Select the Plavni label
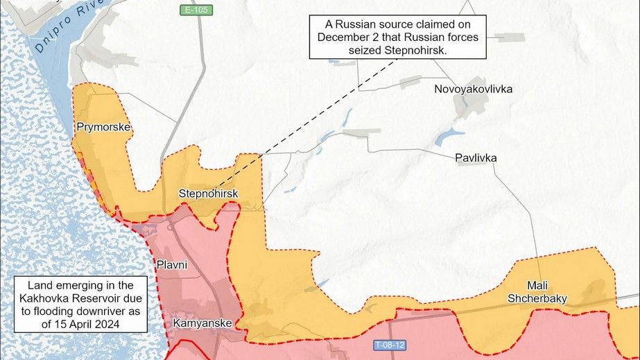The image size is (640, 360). coord(171,264)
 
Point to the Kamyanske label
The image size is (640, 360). coord(202,323)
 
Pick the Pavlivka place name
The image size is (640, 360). coord(476,157)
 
